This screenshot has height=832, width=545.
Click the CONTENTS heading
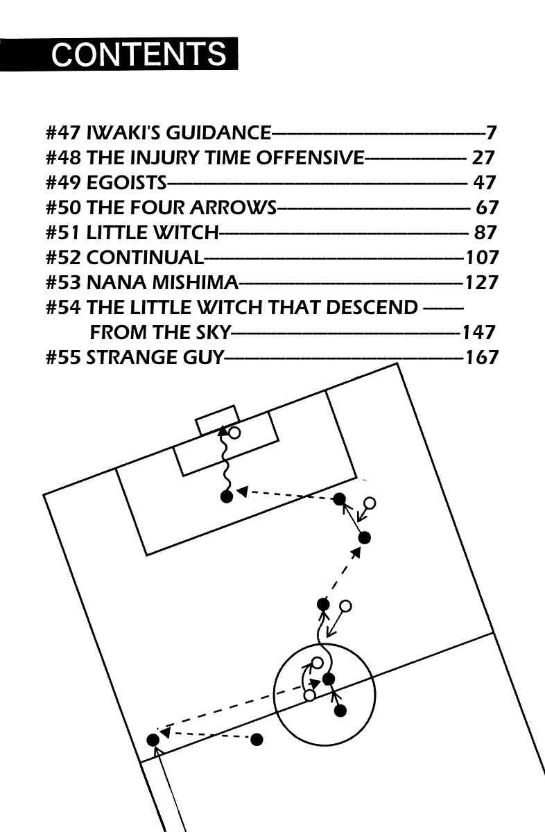tap(139, 54)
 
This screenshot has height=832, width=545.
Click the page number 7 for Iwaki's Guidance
tap(491, 132)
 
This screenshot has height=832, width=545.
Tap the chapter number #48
tap(63, 157)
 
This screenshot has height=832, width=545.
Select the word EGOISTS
tap(127, 182)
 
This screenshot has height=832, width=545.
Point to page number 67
tap(487, 207)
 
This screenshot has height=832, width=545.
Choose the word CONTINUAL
tap(145, 257)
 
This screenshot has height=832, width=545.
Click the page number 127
tap(482, 282)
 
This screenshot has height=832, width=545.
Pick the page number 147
tap(479, 332)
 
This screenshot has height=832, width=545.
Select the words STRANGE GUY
tap(155, 357)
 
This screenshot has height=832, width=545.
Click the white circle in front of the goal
tap(234, 433)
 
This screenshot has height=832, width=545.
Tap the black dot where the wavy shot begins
tap(226, 496)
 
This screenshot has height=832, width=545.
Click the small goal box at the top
tap(217, 419)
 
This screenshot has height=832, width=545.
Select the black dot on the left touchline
tap(153, 740)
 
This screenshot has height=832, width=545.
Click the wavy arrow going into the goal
tap(225, 461)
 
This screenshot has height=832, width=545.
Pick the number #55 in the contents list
tap(63, 357)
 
